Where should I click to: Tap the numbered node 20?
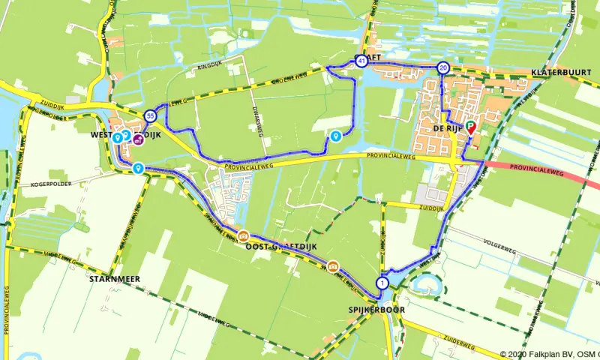pyautogui.click(x=443, y=68)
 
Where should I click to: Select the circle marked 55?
pyautogui.click(x=151, y=115)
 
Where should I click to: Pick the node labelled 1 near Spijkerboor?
pyautogui.click(x=383, y=283)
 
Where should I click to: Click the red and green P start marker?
pyautogui.click(x=471, y=127)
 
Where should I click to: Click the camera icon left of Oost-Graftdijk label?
pyautogui.click(x=243, y=235)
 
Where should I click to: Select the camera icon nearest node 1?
pyautogui.click(x=332, y=265)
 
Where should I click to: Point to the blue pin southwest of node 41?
pyautogui.click(x=335, y=136)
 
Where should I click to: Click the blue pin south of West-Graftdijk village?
pyautogui.click(x=139, y=169)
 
